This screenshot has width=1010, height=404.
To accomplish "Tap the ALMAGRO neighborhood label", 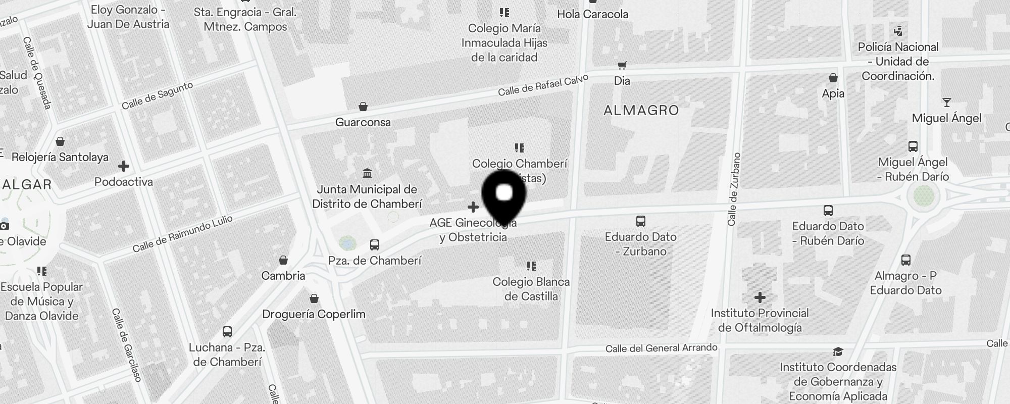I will pyautogui.click(x=641, y=110).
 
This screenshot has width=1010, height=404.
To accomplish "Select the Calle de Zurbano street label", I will pyautogui.click(x=734, y=189).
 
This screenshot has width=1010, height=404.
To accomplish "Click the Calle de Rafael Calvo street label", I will pyautogui.click(x=543, y=85).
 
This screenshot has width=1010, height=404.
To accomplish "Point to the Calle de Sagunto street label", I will pyautogui.click(x=157, y=95).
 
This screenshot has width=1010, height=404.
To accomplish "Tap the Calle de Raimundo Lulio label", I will pyautogui.click(x=182, y=233).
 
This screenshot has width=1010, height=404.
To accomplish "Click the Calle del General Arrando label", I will pyautogui.click(x=661, y=348).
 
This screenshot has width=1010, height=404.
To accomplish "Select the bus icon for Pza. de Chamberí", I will pyautogui.click(x=375, y=245).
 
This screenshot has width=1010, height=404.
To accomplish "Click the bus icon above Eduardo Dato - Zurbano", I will pyautogui.click(x=641, y=221).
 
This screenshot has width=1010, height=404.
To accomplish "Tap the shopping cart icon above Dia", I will pyautogui.click(x=622, y=66).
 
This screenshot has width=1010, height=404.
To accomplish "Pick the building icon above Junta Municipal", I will pyautogui.click(x=367, y=174).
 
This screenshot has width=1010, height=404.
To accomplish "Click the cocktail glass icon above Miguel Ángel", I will pyautogui.click(x=946, y=103).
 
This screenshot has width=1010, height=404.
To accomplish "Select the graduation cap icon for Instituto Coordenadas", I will pyautogui.click(x=838, y=352).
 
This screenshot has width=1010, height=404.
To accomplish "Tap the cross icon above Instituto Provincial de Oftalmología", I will pyautogui.click(x=760, y=297).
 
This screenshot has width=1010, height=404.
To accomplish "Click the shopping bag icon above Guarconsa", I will pyautogui.click(x=363, y=107).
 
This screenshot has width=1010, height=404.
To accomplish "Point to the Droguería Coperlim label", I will pyautogui.click(x=314, y=314).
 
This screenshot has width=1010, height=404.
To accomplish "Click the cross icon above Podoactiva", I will pyautogui.click(x=123, y=166).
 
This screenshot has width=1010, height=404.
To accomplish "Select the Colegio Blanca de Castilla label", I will pyautogui.click(x=531, y=289).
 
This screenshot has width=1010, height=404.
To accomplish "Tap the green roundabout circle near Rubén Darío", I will pyautogui.click(x=924, y=196).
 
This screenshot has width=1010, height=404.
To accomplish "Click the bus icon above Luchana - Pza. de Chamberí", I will pyautogui.click(x=227, y=332).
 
